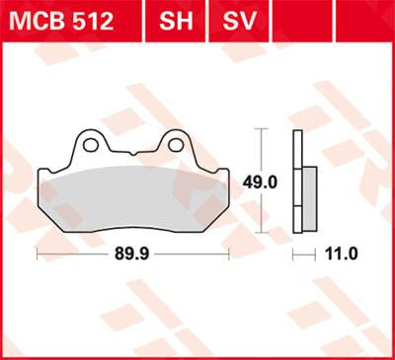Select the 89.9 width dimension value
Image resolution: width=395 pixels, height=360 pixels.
tap(133, 253)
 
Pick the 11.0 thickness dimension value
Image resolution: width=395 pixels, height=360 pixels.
tap(341, 253)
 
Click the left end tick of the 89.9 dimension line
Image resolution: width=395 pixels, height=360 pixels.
tap(37, 253)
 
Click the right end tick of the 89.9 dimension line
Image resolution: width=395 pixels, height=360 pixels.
tap(230, 253)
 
